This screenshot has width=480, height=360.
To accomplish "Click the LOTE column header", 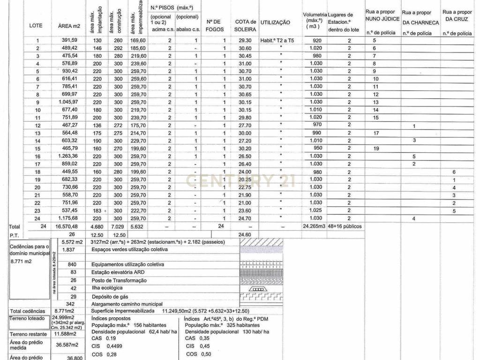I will pyautogui.click(x=36, y=25).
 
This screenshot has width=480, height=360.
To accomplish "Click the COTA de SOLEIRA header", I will pyautogui.click(x=245, y=25).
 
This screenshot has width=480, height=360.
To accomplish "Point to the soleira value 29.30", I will pyautogui.click(x=245, y=40).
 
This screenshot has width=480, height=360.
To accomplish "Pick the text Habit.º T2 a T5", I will pyautogui.click(x=277, y=40).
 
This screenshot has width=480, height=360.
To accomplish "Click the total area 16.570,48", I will pyautogui.click(x=69, y=226).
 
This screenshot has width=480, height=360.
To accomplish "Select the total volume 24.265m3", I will pyautogui.click(x=314, y=226).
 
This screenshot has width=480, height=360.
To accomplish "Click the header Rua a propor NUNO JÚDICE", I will pyautogui.click(x=382, y=15).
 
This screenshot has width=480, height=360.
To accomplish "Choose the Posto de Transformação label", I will pyautogui.click(x=119, y=280).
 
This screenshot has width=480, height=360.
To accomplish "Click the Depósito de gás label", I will pyautogui.click(x=110, y=296).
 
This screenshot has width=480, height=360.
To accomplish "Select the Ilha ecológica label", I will pyautogui.click(x=107, y=288).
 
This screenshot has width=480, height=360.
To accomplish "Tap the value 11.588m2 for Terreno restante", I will pyautogui.click(x=63, y=334).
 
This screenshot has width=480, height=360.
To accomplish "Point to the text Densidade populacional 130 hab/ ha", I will pyautogui.click(x=227, y=331).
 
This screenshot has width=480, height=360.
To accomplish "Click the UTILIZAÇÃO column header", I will pyautogui.click(x=275, y=22).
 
